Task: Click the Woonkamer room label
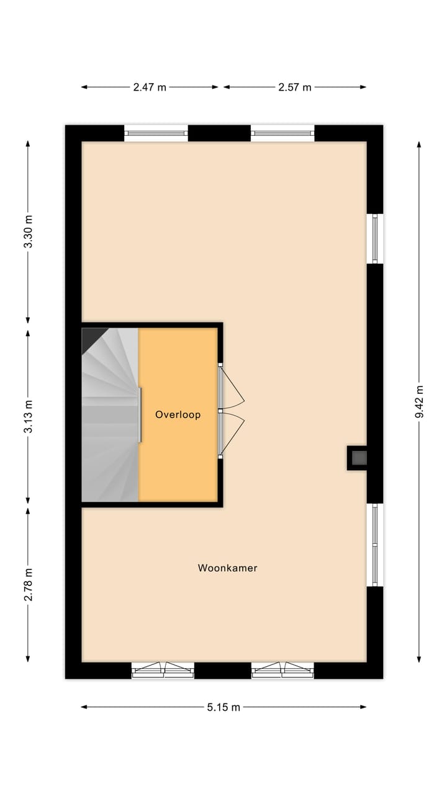(227, 568)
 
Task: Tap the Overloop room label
(178, 414)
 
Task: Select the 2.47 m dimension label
(150, 87)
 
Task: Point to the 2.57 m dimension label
(294, 87)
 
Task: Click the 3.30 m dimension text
(28, 232)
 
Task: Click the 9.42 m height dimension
(419, 401)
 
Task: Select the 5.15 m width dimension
(223, 707)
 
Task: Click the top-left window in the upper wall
(156, 133)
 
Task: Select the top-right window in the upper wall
(282, 133)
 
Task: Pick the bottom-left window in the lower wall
(163, 670)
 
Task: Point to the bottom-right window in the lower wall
(282, 670)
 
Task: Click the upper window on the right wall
(375, 239)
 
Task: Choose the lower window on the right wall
(375, 545)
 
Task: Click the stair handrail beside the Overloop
(140, 414)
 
